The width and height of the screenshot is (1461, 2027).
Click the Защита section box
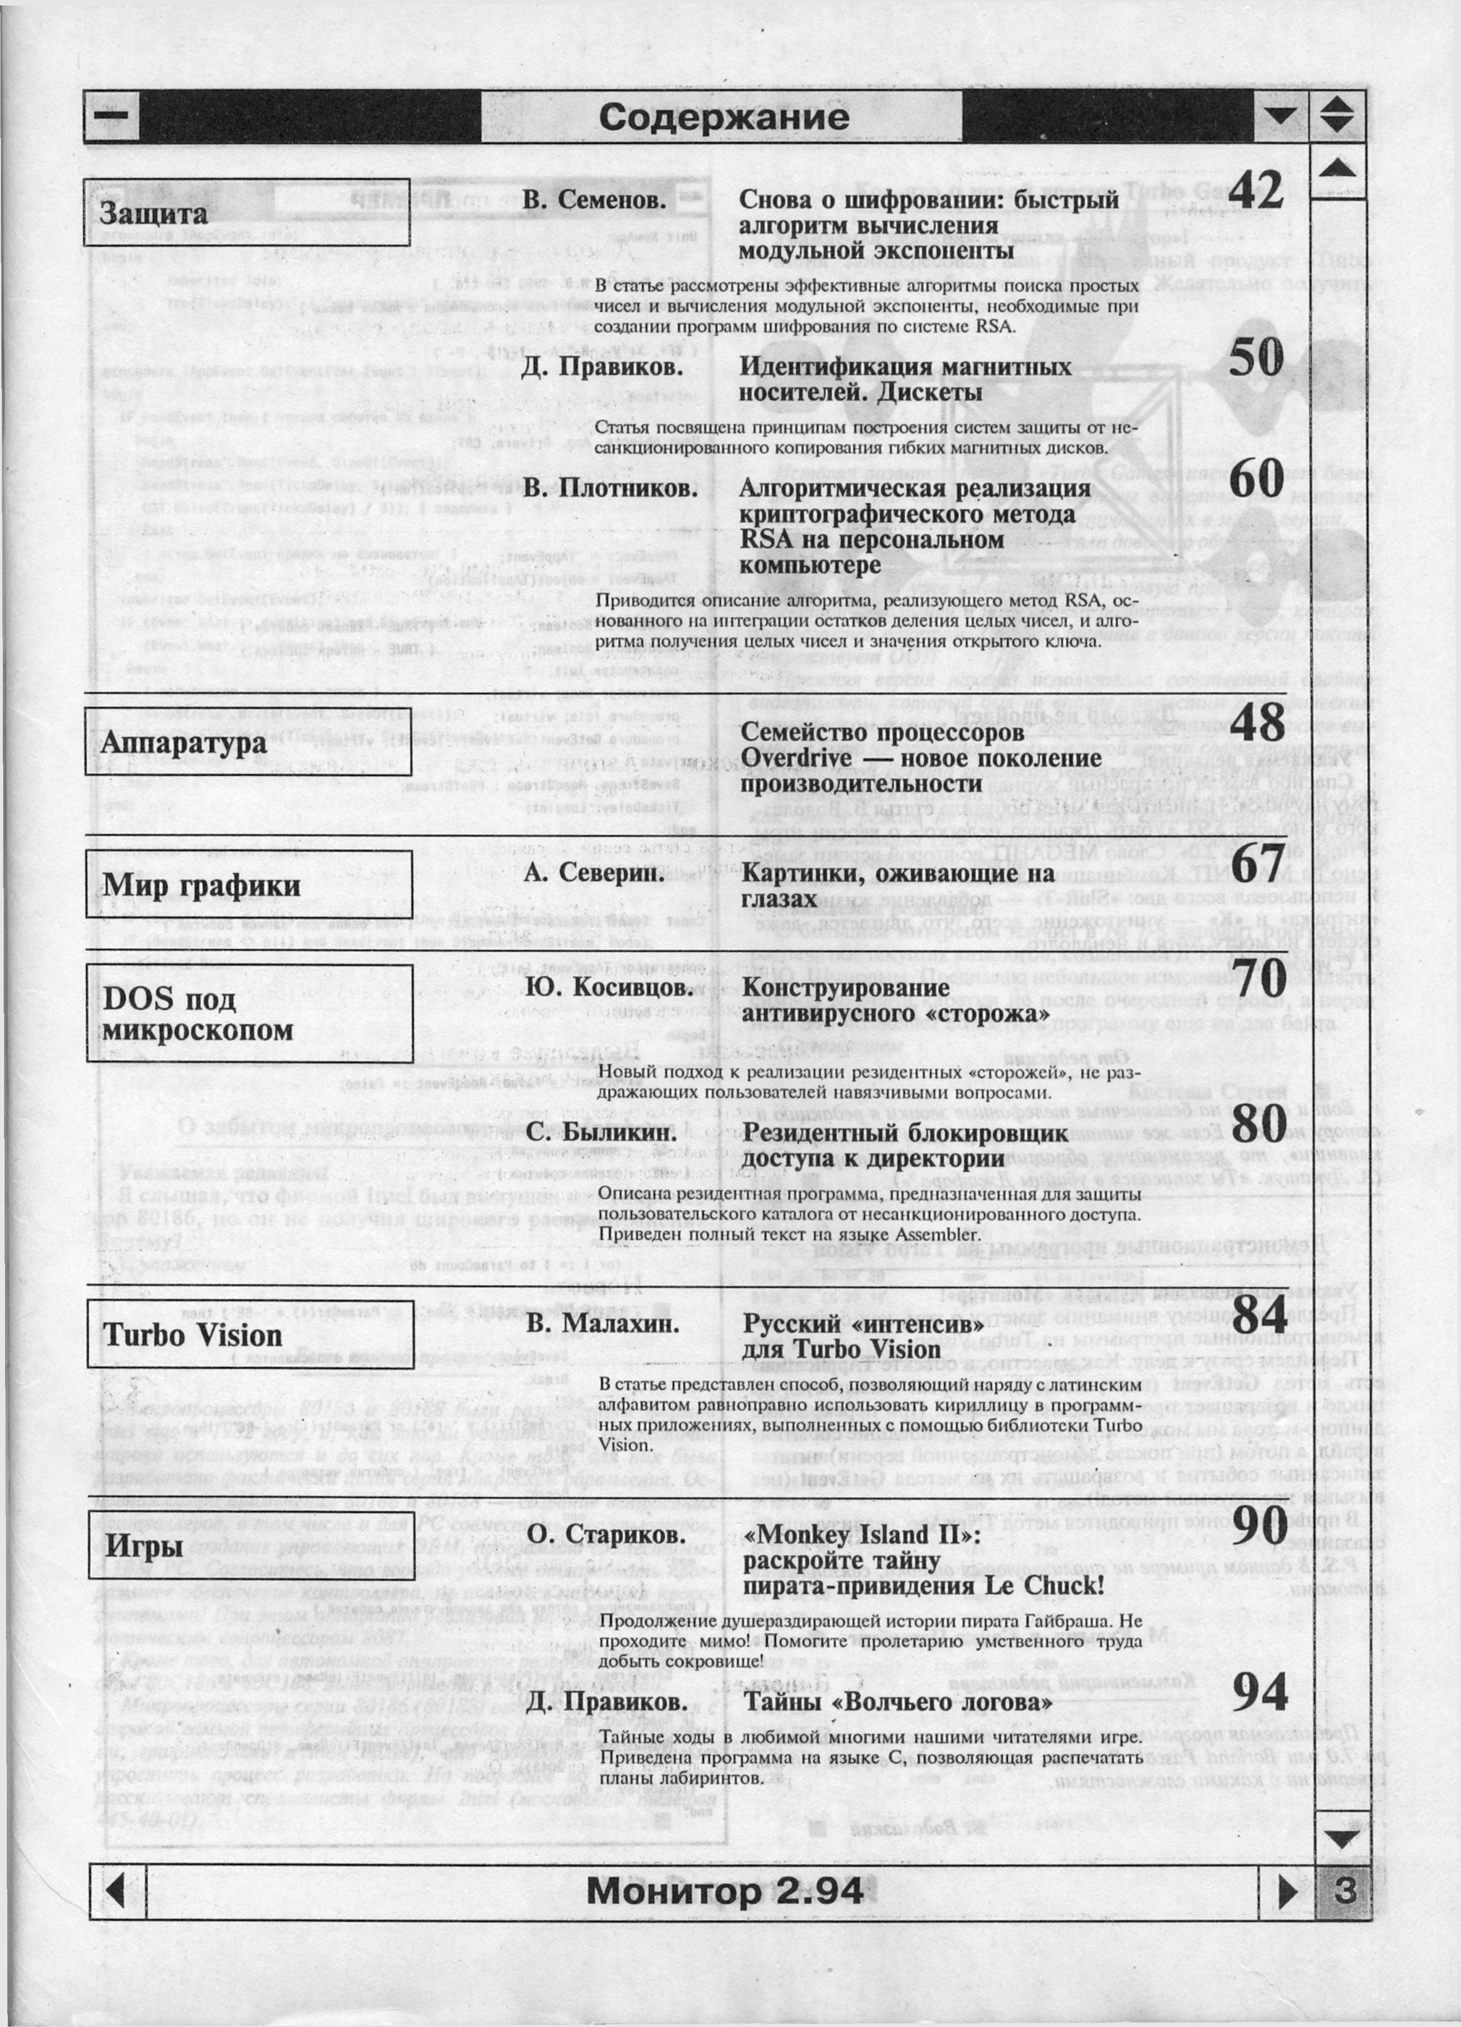click(x=247, y=213)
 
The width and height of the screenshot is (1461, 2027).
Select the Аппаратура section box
click(x=248, y=742)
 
